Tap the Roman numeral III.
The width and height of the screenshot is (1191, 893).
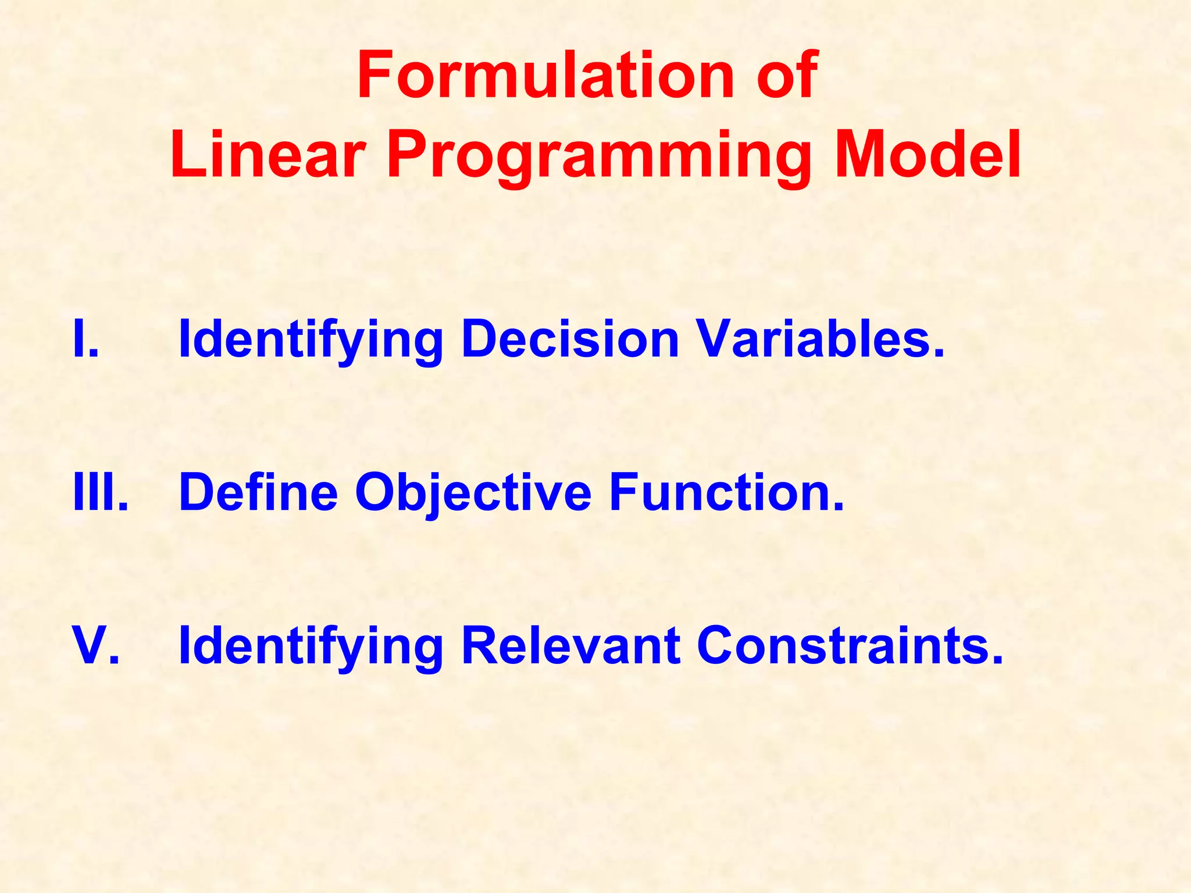[x=100, y=492]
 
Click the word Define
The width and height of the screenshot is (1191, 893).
[x=258, y=492]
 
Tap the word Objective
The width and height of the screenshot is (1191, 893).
[x=473, y=492]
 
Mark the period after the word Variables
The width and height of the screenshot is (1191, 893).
[x=938, y=355]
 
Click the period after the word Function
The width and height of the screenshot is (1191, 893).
[x=837, y=508]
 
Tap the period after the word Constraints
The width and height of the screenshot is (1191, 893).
[x=997, y=661]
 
